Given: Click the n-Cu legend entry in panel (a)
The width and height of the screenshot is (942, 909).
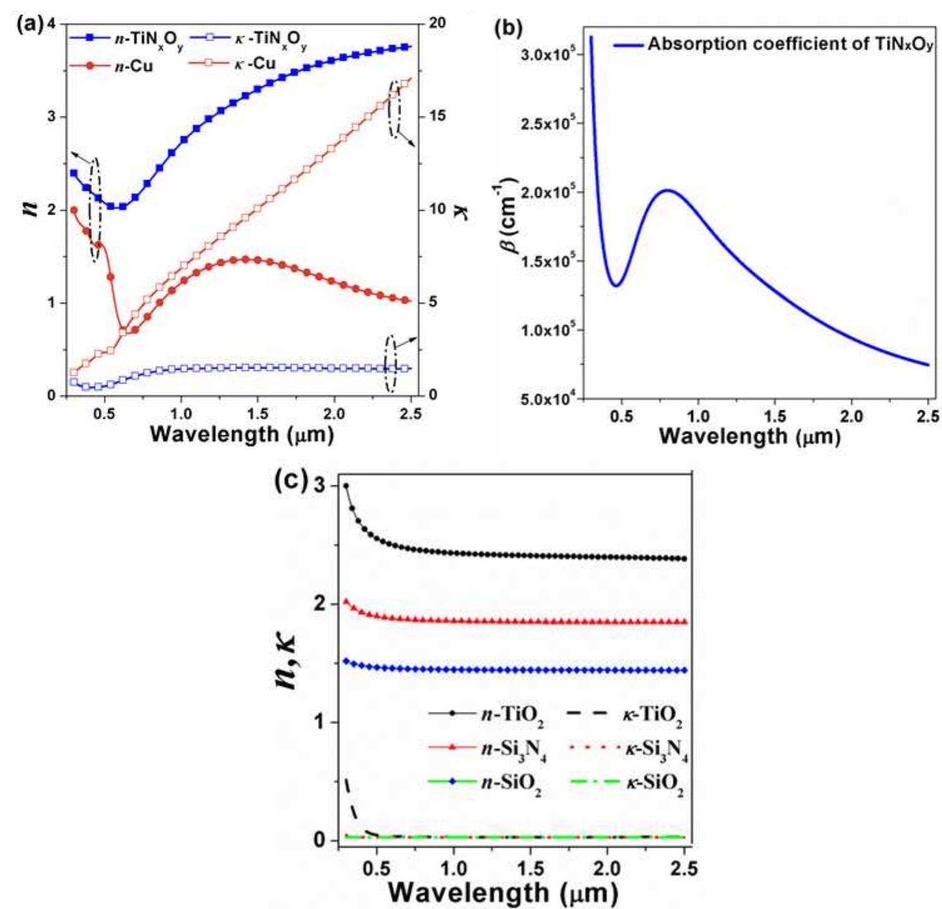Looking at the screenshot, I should click(x=135, y=66).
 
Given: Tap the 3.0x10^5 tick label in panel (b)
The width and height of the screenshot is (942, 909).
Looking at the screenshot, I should click(x=546, y=55).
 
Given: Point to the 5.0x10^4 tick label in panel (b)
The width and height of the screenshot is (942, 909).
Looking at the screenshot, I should click(x=546, y=399).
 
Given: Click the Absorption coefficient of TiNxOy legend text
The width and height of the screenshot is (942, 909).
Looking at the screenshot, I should click(x=790, y=44).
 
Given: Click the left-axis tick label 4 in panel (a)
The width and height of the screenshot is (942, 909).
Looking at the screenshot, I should click(x=51, y=24).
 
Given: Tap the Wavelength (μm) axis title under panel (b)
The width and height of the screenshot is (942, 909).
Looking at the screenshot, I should click(x=749, y=435).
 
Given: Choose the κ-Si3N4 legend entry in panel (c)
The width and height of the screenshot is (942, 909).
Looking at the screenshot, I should click(x=655, y=749).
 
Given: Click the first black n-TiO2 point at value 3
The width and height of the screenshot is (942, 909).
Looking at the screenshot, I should click(x=346, y=486).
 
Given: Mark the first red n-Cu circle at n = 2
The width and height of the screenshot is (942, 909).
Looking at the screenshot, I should click(x=74, y=210).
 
